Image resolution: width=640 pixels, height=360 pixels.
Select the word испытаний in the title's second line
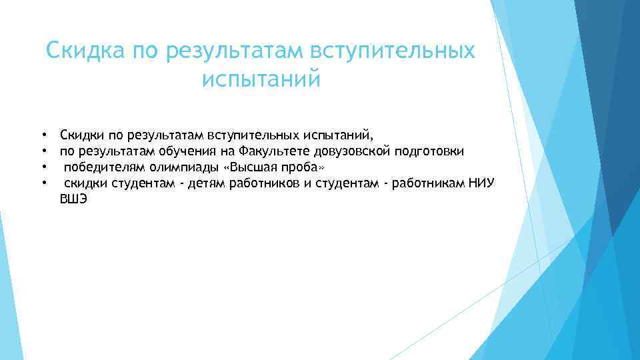pyautogui.click(x=261, y=79)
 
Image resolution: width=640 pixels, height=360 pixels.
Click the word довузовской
pyautogui.click(x=351, y=152)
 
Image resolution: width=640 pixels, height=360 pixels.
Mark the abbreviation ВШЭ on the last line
pyautogui.click(x=73, y=199)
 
